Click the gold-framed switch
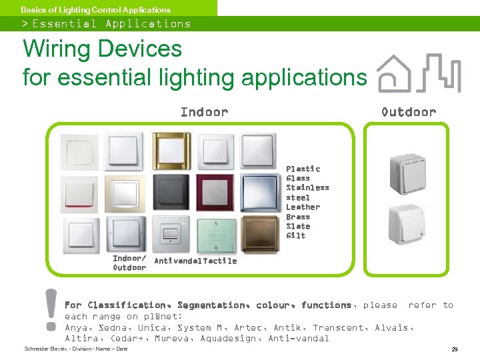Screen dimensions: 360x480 [171, 151]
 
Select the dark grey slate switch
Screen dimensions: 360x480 [171, 192]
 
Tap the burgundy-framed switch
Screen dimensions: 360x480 [215, 192]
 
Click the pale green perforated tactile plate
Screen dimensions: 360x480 [215, 233]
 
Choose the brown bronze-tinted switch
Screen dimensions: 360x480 [258, 233]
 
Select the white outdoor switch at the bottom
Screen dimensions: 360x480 [407, 225]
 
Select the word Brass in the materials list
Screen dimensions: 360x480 [297, 217]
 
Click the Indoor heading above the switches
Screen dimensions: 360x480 [204, 112]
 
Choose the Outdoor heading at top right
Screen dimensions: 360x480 [408, 112]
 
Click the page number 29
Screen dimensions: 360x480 [454, 349]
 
